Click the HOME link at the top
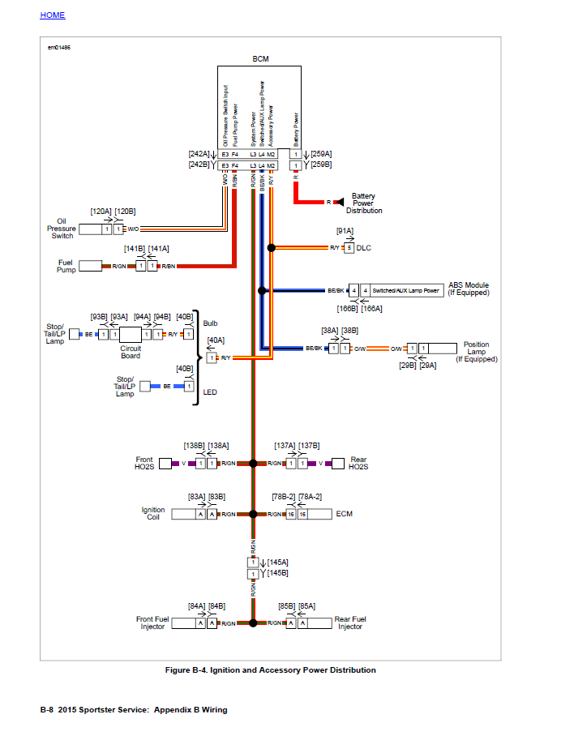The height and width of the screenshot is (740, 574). (53, 15)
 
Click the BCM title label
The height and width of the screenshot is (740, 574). (260, 59)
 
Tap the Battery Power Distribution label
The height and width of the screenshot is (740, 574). (364, 203)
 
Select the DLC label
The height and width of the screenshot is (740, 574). (363, 247)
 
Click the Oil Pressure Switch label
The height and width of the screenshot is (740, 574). (61, 229)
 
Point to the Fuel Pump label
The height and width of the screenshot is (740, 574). (66, 266)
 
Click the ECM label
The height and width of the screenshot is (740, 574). (344, 514)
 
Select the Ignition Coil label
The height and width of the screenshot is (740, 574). (153, 514)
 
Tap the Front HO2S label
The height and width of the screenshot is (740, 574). (143, 464)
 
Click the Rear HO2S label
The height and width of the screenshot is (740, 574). (358, 464)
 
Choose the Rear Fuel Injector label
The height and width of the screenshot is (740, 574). (350, 623)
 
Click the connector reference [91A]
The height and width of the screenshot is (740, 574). (345, 231)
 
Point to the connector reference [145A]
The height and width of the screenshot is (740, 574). (277, 562)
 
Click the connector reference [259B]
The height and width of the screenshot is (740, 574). (321, 165)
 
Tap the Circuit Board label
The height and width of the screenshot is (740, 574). (131, 352)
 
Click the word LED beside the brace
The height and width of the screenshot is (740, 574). (210, 392)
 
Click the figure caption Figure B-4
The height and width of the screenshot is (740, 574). (270, 670)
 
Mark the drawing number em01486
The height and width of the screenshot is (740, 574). (59, 48)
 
